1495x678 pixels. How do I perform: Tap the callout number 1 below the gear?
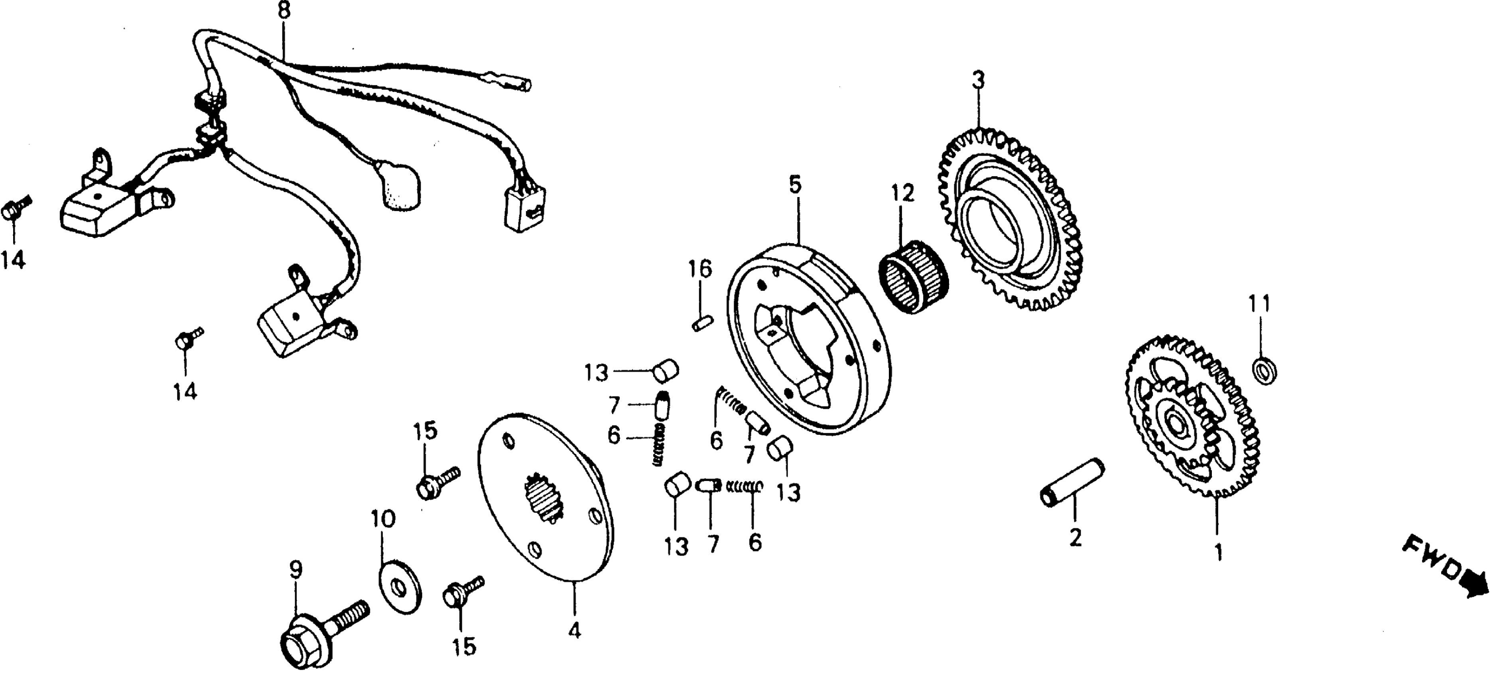coord(1218,552)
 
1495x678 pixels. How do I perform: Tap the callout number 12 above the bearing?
coord(902,193)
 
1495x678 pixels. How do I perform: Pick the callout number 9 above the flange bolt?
coord(295,571)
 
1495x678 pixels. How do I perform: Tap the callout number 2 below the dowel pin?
coord(1075,538)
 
